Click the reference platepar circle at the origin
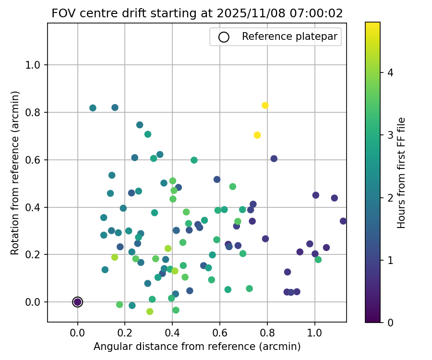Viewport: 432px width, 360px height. pyautogui.click(x=77, y=302)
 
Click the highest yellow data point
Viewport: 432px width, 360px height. pyautogui.click(x=265, y=106)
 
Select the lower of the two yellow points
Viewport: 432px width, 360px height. pyautogui.click(x=257, y=135)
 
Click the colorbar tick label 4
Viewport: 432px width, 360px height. pyautogui.click(x=390, y=73)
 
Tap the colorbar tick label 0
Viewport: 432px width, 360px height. pyautogui.click(x=390, y=323)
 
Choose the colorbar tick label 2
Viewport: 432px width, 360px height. pyautogui.click(x=390, y=198)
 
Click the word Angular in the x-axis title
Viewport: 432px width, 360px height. pyautogui.click(x=111, y=347)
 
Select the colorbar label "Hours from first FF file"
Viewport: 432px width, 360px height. pyautogui.click(x=402, y=172)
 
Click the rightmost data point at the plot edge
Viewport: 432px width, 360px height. pyautogui.click(x=343, y=221)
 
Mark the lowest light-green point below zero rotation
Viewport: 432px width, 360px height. pyautogui.click(x=150, y=312)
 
